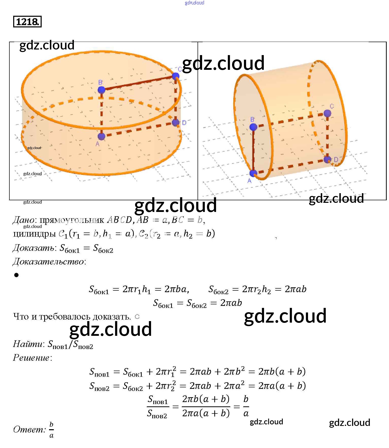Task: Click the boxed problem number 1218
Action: (x=27, y=22)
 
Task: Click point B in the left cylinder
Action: (x=101, y=90)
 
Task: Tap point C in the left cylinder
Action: (x=175, y=76)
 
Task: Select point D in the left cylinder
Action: (x=175, y=123)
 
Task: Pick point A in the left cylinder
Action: (x=101, y=136)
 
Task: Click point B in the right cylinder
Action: (x=253, y=127)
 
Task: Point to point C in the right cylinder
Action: (x=327, y=113)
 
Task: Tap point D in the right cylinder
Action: (x=327, y=160)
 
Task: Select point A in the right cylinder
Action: (x=253, y=173)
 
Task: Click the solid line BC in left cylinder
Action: (x=138, y=83)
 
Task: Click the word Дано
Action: (x=23, y=220)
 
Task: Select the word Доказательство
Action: (x=48, y=261)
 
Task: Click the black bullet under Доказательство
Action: (x=17, y=275)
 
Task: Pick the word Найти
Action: (x=28, y=344)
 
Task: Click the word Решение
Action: (x=31, y=358)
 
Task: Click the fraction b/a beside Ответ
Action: (x=52, y=430)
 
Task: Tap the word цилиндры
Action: (x=34, y=234)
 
